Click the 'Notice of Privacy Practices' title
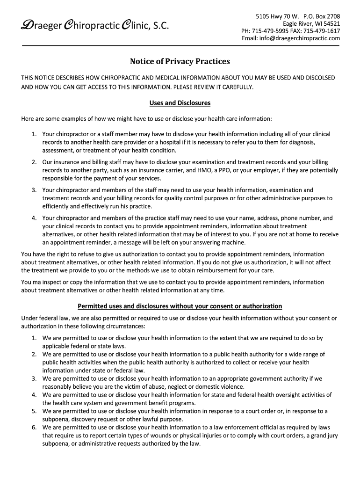pyautogui.click(x=180, y=62)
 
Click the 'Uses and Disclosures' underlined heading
pyautogui.click(x=180, y=103)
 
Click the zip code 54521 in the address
pyautogui.click(x=331, y=23)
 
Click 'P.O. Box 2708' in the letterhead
pyautogui.click(x=320, y=16)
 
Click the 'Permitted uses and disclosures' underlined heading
pyautogui.click(x=180, y=306)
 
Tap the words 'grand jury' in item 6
pyautogui.click(x=323, y=435)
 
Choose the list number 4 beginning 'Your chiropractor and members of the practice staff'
pyautogui.click(x=34, y=218)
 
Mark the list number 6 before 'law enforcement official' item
pyautogui.click(x=34, y=427)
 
